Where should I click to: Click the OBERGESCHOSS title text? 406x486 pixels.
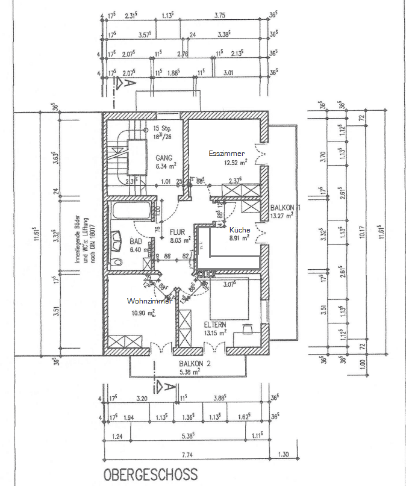coord(150,475)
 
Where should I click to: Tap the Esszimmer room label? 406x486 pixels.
coord(226,154)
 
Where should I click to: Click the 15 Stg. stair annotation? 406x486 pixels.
coord(163,128)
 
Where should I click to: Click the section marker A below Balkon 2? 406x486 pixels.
coord(161,384)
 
